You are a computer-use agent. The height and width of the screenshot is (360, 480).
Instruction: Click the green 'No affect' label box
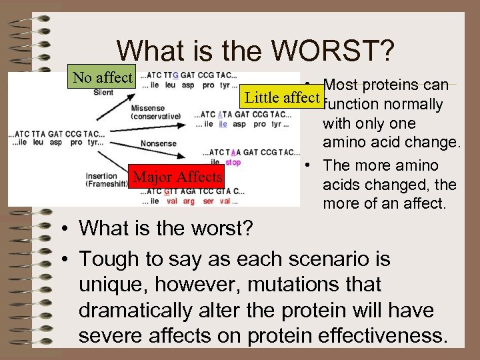pyautogui.click(x=102, y=77)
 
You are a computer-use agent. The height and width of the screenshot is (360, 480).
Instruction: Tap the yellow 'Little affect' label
pyautogui.click(x=282, y=97)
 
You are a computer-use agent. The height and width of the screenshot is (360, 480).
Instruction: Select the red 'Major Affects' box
pyautogui.click(x=177, y=177)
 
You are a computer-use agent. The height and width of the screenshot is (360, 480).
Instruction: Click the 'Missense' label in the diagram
pyautogui.click(x=147, y=108)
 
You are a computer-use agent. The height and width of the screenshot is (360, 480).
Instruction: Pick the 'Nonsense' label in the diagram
pyautogui.click(x=159, y=143)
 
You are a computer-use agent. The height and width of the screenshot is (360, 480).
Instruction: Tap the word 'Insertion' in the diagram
pyautogui.click(x=102, y=177)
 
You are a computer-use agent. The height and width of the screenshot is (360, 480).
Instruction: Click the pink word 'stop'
pyautogui.click(x=233, y=162)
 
